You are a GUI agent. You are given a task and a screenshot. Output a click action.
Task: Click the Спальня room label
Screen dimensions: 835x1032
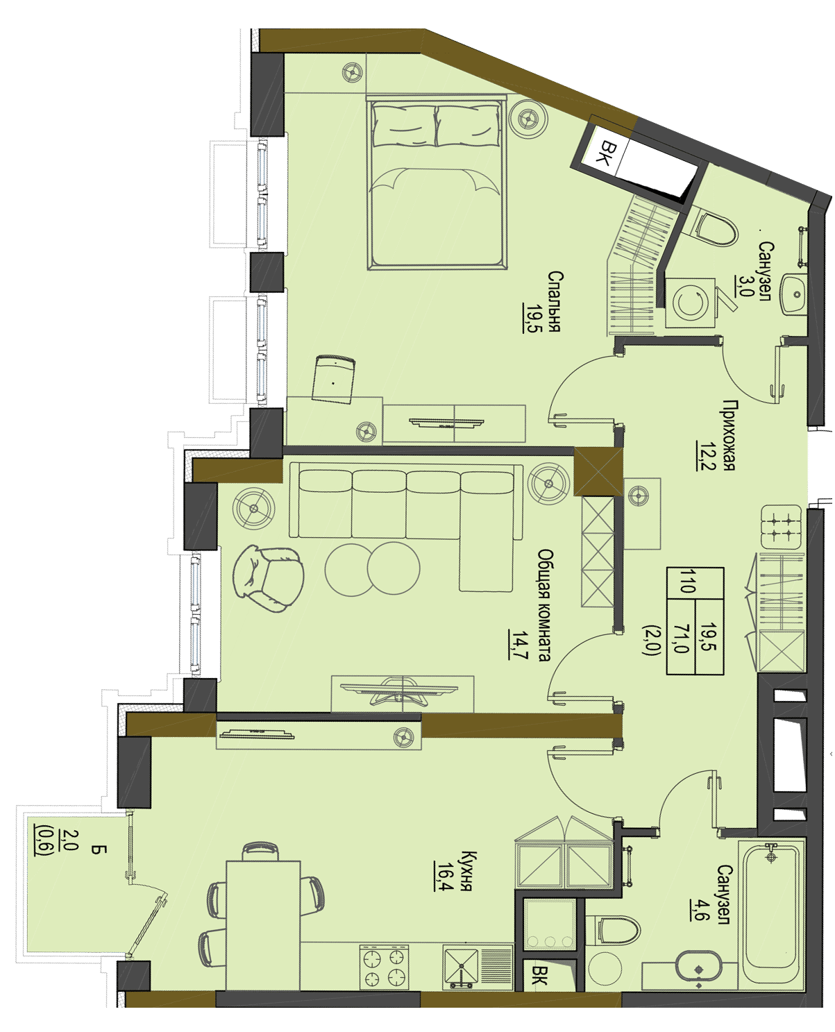tap(554, 301)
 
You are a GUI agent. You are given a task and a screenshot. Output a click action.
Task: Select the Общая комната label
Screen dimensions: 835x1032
tap(545, 605)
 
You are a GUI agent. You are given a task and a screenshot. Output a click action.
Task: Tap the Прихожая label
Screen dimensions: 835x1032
tap(728, 435)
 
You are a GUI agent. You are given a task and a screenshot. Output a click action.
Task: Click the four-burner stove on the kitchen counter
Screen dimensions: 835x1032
tap(384, 967)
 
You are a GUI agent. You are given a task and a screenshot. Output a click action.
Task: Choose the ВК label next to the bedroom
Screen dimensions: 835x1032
tap(606, 153)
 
